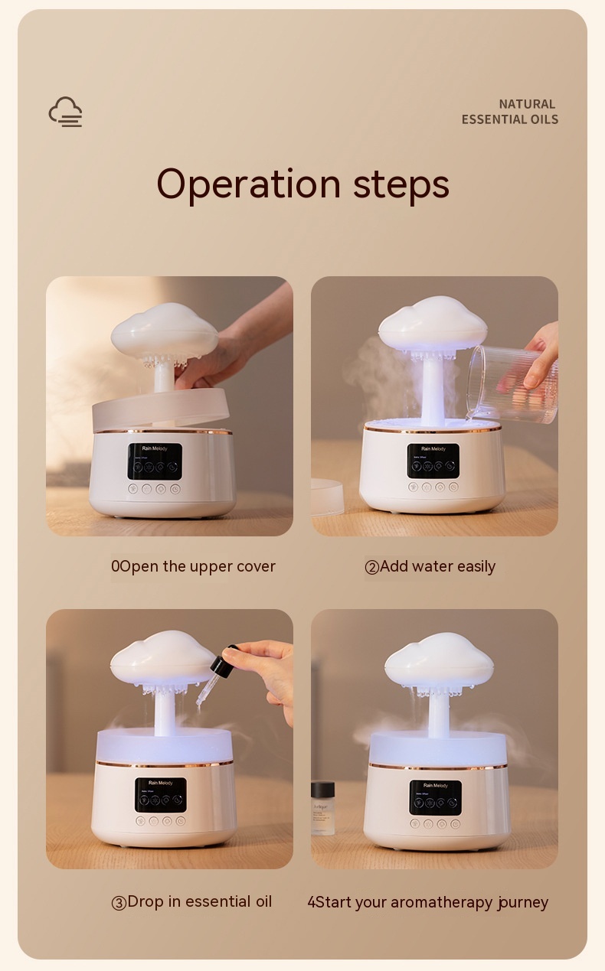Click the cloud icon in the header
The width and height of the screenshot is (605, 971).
click(x=66, y=112)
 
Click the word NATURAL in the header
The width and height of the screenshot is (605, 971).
click(x=527, y=104)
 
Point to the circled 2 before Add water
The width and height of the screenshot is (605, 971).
click(x=372, y=568)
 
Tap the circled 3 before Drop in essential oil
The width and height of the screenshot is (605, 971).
click(x=119, y=903)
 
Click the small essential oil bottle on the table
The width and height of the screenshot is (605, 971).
click(x=322, y=807)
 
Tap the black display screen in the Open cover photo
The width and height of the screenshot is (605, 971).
click(x=155, y=461)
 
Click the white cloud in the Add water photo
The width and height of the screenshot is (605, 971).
click(x=433, y=322)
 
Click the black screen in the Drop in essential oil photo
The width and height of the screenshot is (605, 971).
click(x=160, y=795)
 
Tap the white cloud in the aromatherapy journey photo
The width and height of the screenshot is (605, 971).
click(x=437, y=657)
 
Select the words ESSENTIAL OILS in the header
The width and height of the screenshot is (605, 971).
click(x=509, y=119)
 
